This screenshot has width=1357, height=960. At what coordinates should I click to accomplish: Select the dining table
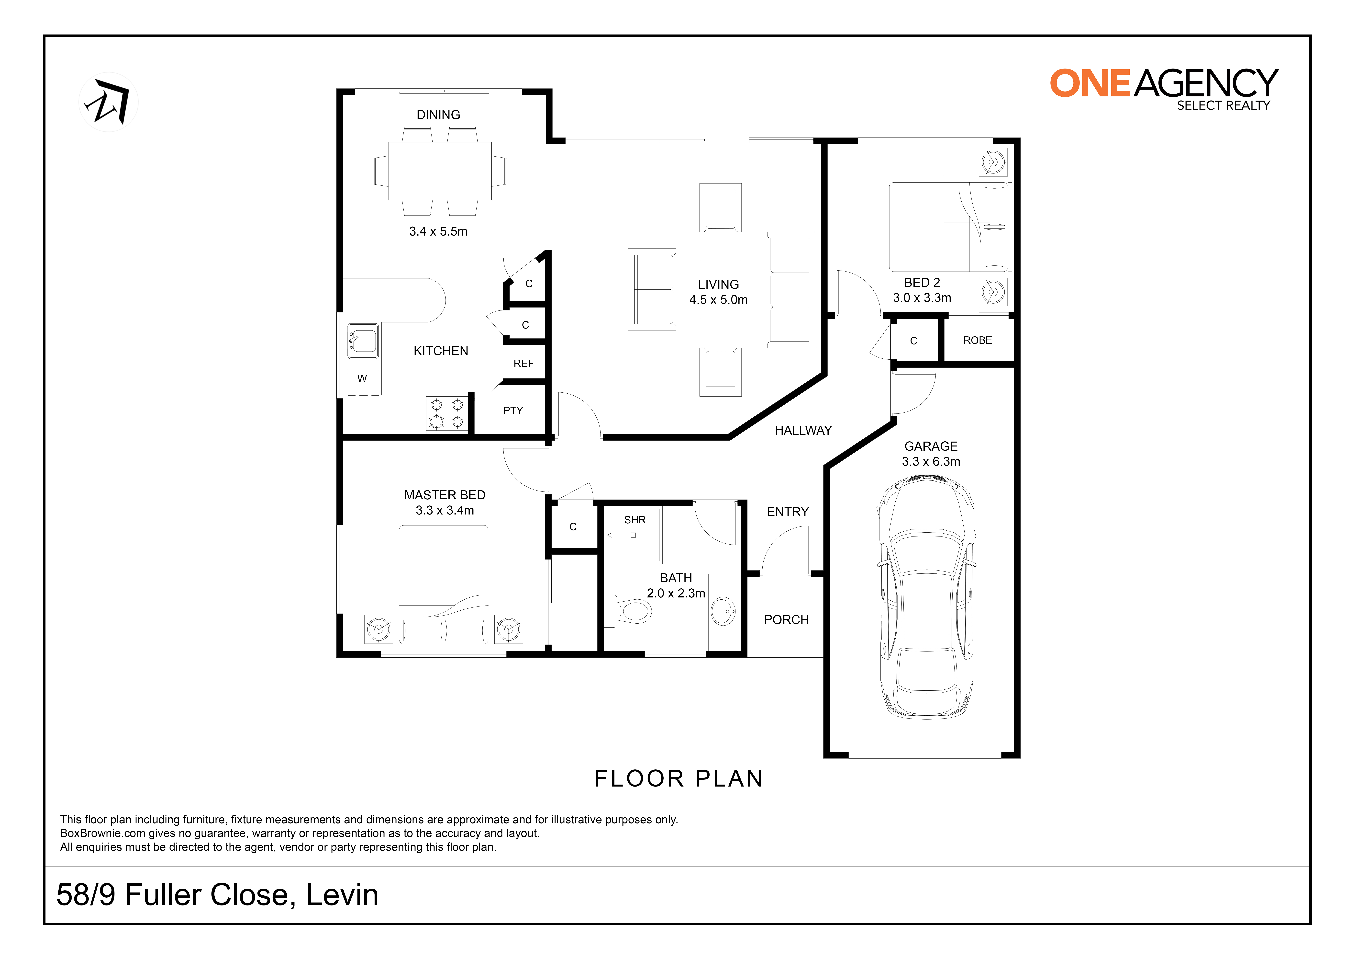coord(440,171)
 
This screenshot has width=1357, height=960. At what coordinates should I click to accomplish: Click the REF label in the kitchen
coord(524,364)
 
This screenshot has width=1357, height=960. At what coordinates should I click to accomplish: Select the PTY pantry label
coord(513,410)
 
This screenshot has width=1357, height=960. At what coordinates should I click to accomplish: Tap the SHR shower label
coord(635,520)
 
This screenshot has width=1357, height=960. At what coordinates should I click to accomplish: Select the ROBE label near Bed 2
coord(978,341)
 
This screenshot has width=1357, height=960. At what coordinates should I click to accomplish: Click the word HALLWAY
coord(803,430)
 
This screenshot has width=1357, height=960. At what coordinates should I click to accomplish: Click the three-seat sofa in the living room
coord(791,290)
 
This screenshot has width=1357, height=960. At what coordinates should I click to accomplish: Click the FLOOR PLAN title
coord(678,778)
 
